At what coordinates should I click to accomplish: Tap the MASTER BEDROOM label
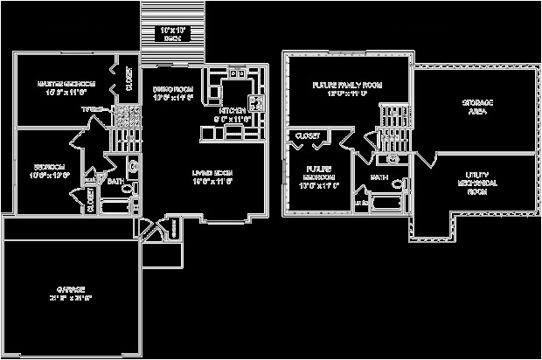66,84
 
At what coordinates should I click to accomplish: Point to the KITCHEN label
233,111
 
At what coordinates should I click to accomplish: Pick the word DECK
172,38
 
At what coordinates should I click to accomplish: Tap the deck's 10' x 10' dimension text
172,31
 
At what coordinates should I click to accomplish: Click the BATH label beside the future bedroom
379,177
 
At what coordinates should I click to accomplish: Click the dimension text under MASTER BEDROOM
66,92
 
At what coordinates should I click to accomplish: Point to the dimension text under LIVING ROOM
212,182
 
